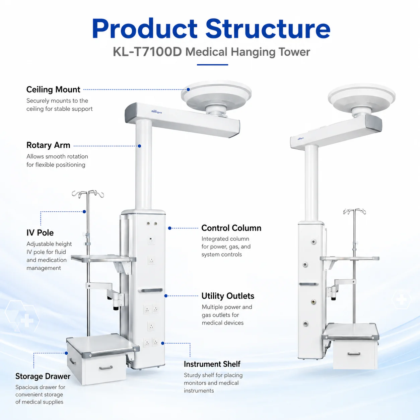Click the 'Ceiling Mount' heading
pos(53,89)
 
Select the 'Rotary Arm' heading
pos(48,145)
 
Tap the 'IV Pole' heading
pos(40,233)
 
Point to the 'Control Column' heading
pos(231,228)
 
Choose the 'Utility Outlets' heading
pos(228,296)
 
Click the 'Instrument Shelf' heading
pos(212,364)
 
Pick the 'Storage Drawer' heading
pos(43,376)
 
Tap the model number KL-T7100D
pos(147,52)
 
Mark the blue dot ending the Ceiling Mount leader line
pos(188,89)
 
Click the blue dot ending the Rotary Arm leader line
pos(139,146)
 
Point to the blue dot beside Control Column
pos(170,228)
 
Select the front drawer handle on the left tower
pos(106,368)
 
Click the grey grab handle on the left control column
pos(150,290)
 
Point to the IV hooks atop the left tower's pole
pos(88,194)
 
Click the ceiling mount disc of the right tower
pos(362,96)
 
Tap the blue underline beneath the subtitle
pos(212,65)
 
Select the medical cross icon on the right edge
pos(402,300)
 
